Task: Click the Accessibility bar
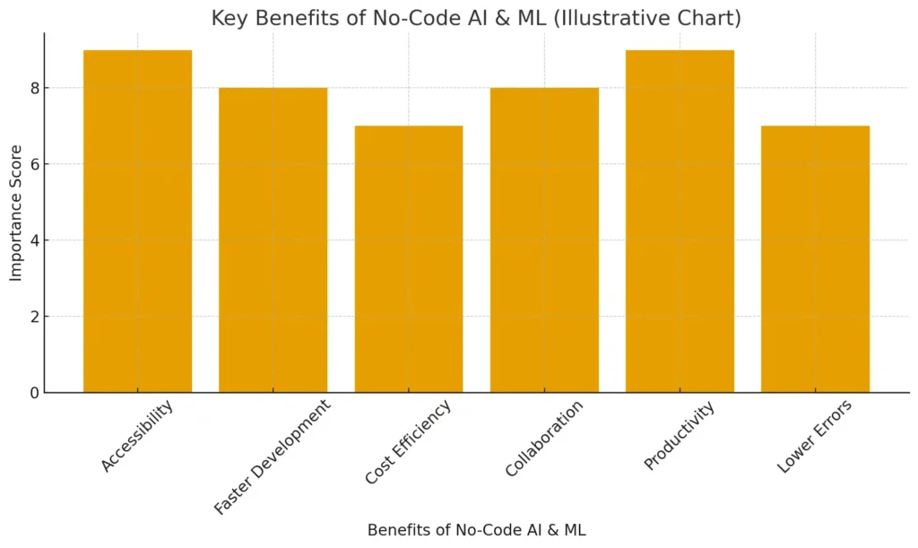point(137,222)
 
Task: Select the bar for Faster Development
point(273,240)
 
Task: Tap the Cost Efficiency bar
point(409,259)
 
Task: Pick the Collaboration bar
point(544,240)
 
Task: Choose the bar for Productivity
point(680,222)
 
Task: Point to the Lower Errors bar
point(815,259)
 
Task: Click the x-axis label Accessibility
point(136,436)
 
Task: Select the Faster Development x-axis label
point(272,457)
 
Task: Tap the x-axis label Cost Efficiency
point(408,443)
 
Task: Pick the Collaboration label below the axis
point(544,439)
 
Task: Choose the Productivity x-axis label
point(680,436)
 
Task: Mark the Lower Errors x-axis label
point(814,437)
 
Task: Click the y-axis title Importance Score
point(16,213)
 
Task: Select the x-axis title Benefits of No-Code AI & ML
point(476,530)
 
